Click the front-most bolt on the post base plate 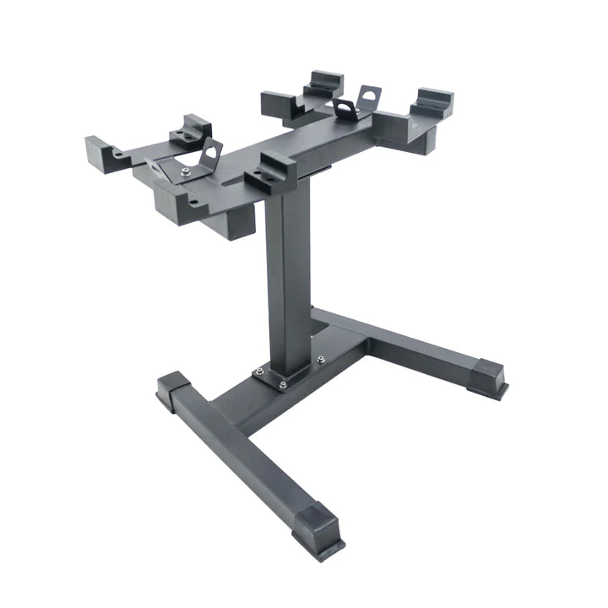[282, 384]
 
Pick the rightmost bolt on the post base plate [321, 358]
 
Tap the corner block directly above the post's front [270, 169]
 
